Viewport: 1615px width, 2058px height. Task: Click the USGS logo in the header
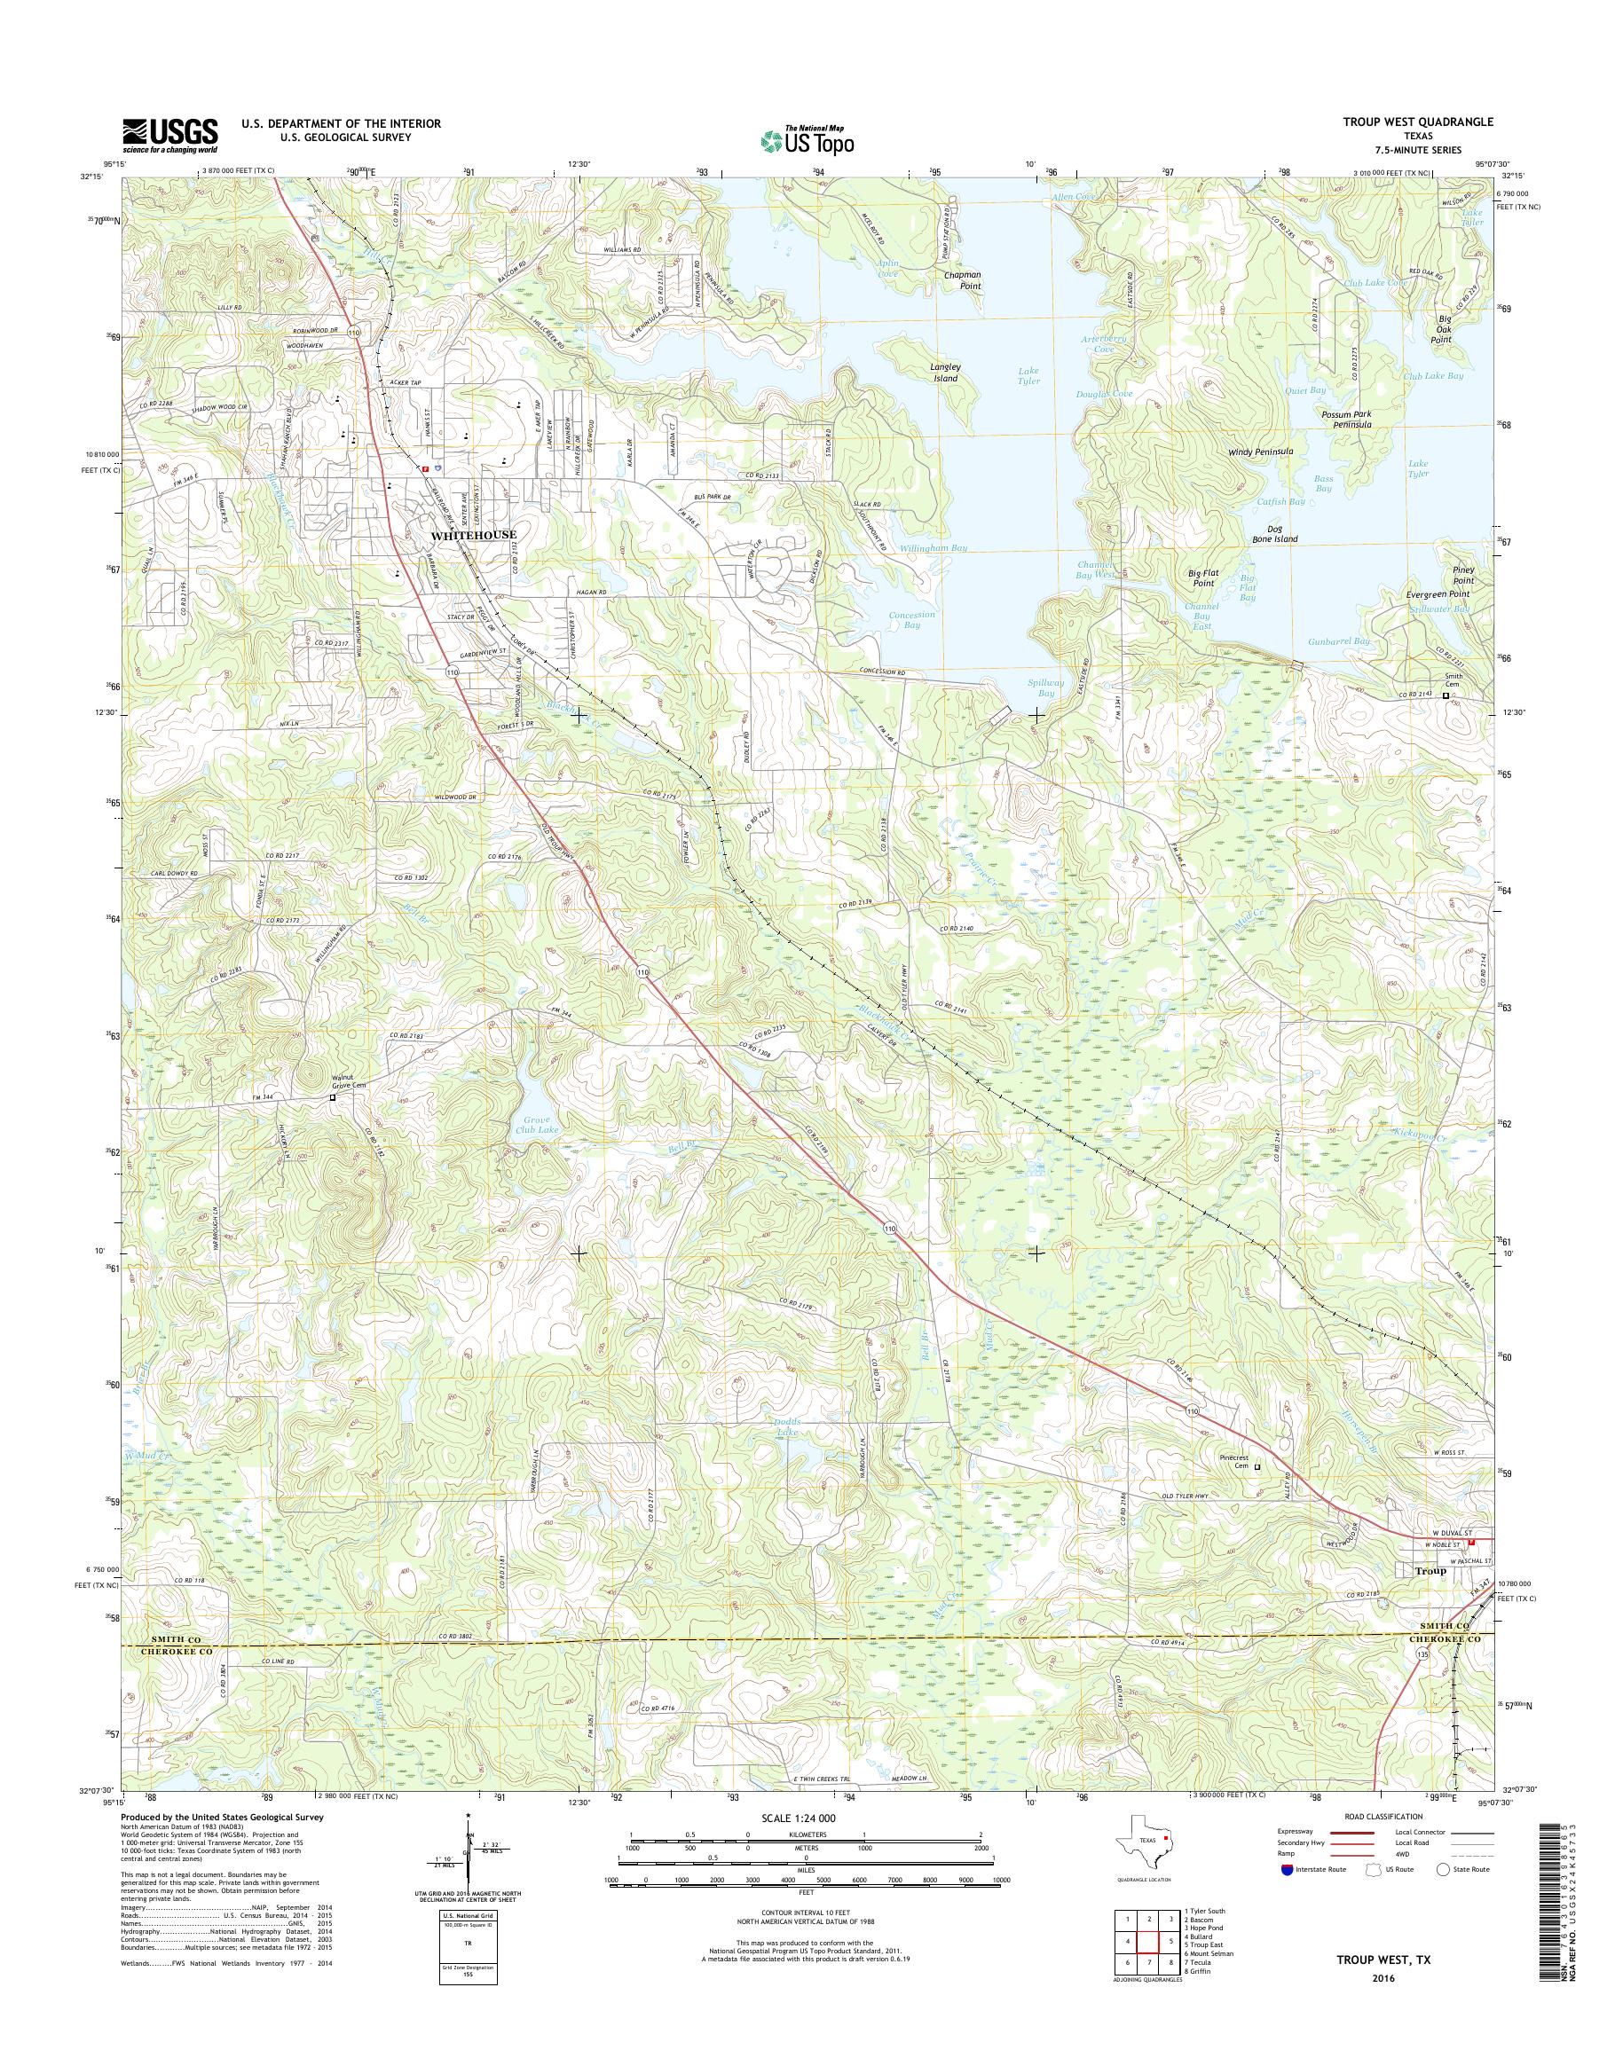point(170,136)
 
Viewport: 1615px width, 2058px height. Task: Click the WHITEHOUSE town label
point(473,535)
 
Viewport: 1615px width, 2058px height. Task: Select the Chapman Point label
point(963,279)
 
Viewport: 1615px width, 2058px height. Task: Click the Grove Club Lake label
point(535,1127)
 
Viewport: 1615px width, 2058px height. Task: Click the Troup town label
point(1430,1570)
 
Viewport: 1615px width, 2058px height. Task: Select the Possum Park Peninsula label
point(1346,419)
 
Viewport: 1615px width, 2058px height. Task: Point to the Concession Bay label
point(911,619)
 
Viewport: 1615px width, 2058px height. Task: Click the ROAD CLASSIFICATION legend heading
point(1382,1816)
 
